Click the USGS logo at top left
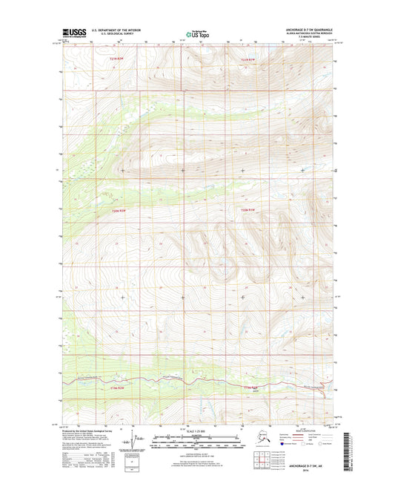[74, 32]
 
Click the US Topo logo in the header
[197, 33]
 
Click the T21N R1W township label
[253, 59]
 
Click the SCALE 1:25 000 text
[196, 432]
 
